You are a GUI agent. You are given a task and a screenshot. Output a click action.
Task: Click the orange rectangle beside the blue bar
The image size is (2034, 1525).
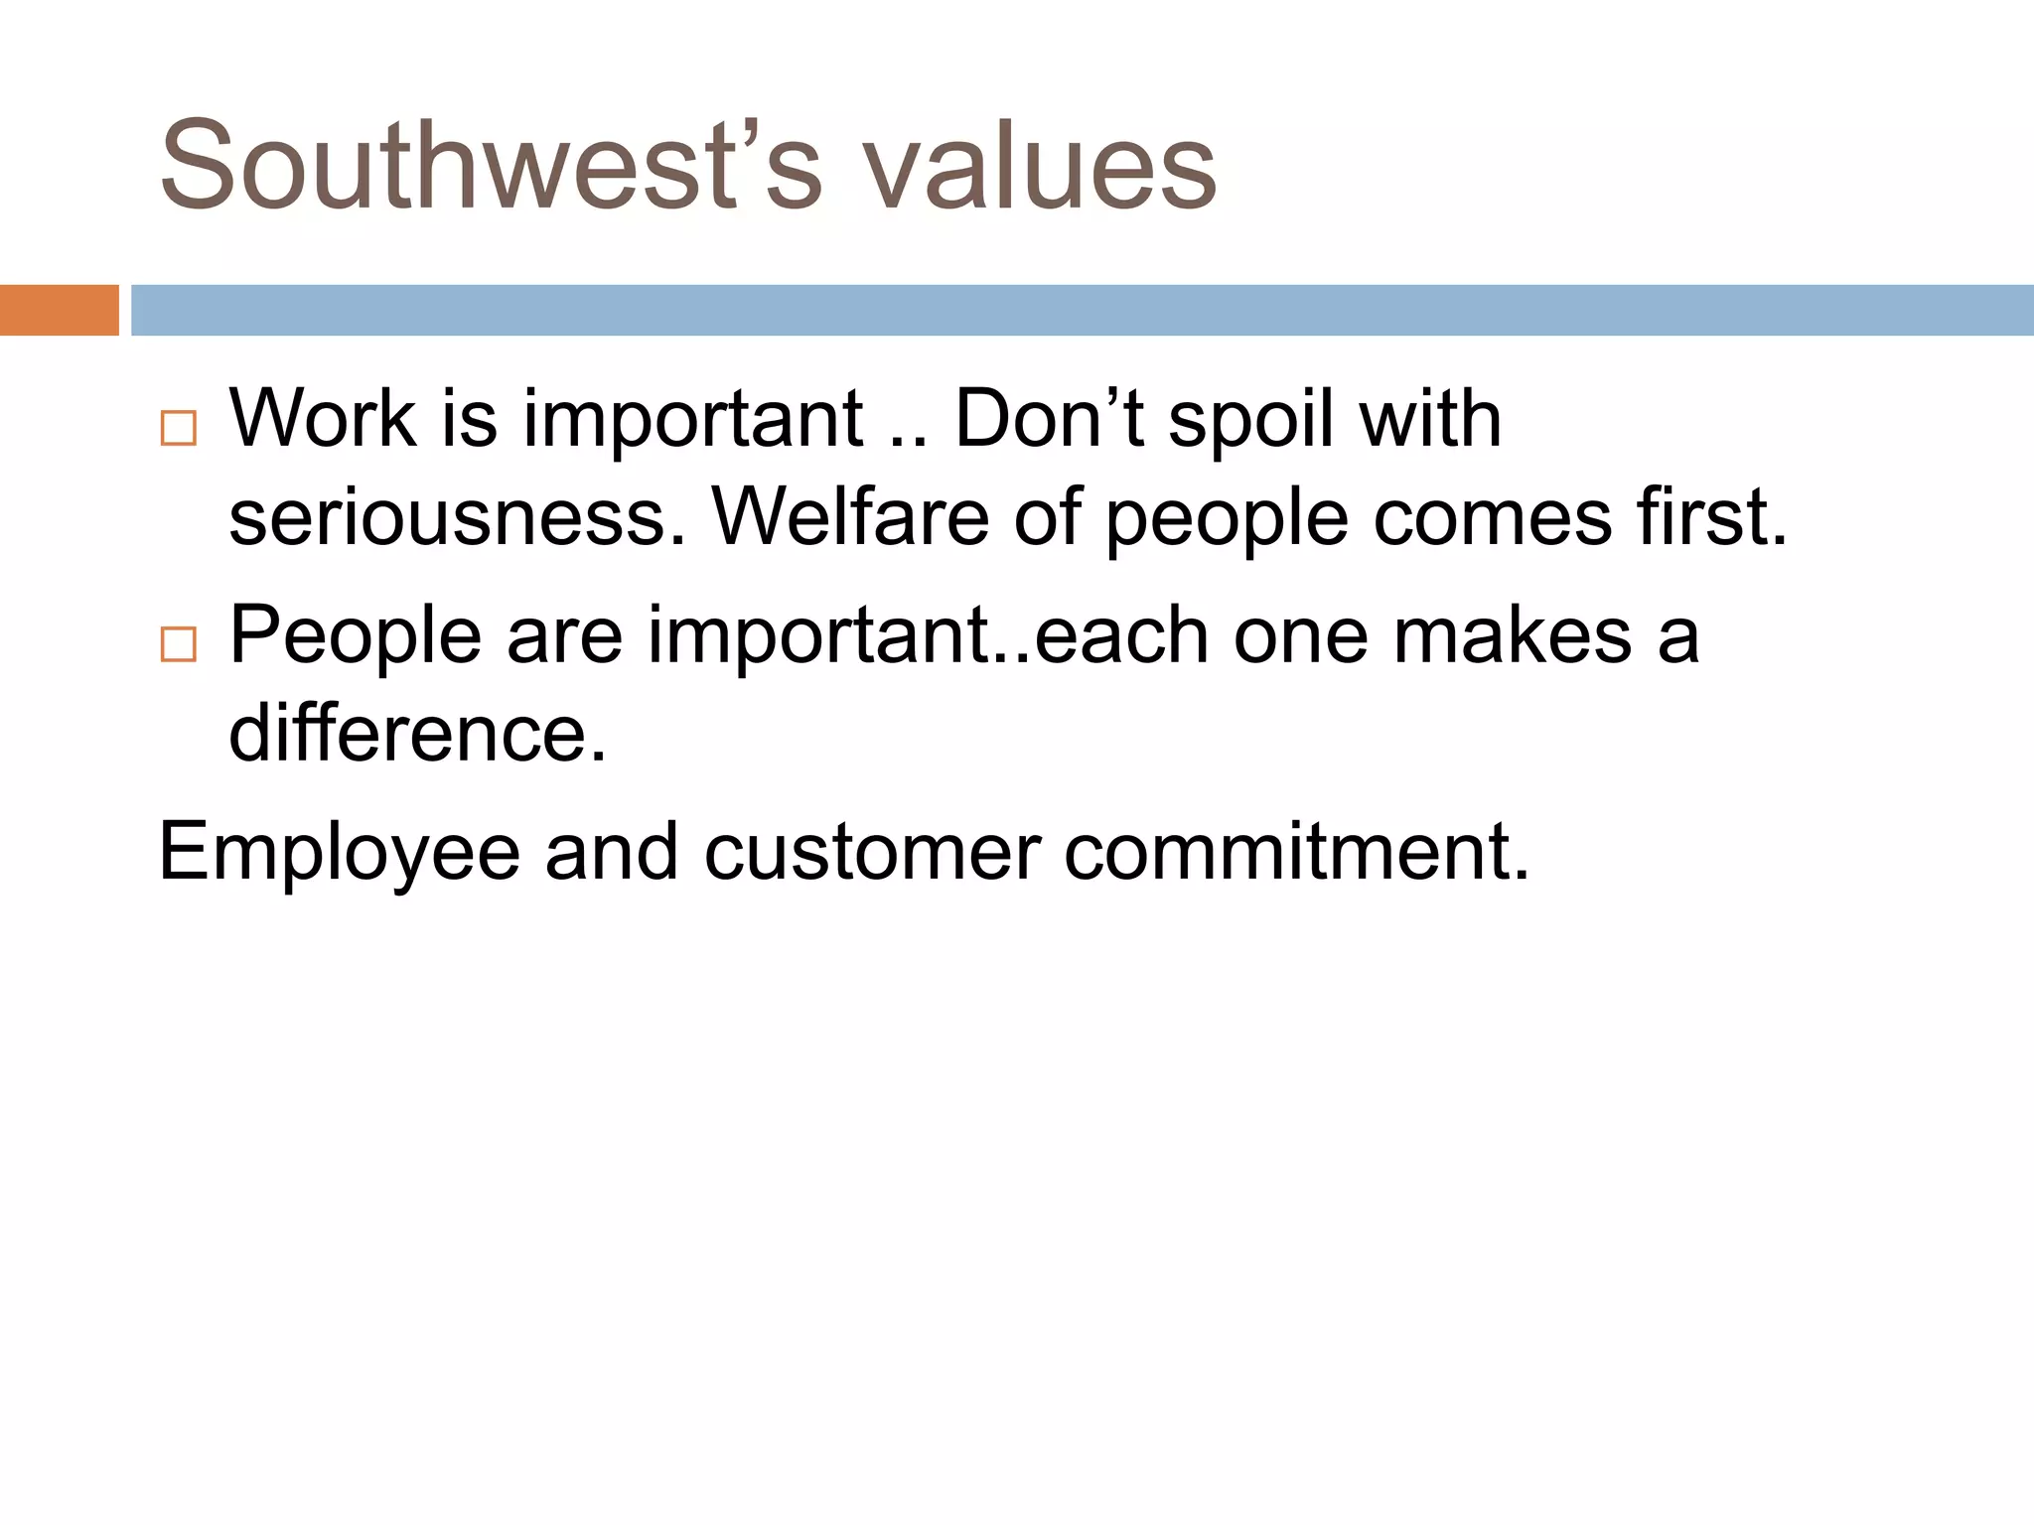pos(59,310)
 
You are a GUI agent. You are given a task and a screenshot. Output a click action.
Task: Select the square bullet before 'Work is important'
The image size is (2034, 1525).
pos(179,428)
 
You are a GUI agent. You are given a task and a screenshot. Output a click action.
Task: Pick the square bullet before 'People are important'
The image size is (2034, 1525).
pos(179,644)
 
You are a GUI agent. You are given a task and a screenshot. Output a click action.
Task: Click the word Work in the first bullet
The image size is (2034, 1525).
pos(323,419)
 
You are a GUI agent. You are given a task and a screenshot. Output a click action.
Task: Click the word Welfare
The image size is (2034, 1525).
pos(850,518)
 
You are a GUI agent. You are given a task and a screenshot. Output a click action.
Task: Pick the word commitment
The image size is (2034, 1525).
pos(1296,852)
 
